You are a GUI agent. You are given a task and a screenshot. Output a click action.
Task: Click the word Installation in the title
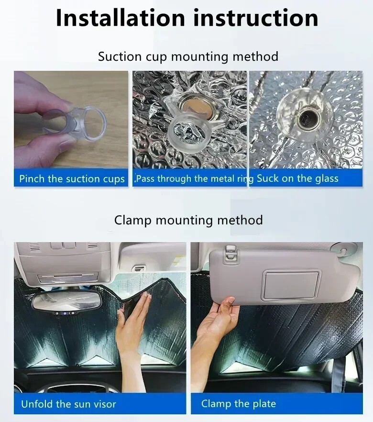(x=120, y=18)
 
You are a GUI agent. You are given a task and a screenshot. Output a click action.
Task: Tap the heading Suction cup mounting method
(x=188, y=56)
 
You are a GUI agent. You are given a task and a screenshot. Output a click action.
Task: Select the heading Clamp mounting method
(x=188, y=220)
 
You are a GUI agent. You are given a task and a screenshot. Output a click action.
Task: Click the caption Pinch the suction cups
(x=72, y=179)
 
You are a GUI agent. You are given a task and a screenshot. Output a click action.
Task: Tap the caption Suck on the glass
(x=297, y=178)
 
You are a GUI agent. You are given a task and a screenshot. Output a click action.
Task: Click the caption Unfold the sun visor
(x=68, y=404)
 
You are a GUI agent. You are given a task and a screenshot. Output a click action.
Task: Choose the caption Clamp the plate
(x=239, y=404)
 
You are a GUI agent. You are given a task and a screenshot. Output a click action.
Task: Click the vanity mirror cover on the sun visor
(x=291, y=286)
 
